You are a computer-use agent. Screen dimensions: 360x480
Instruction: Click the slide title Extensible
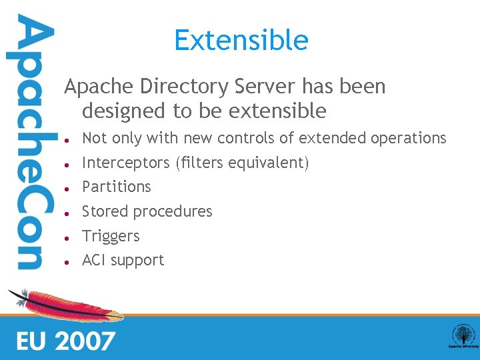[241, 41]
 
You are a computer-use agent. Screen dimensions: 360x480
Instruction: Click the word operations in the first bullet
[408, 138]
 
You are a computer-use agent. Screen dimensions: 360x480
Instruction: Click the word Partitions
[117, 187]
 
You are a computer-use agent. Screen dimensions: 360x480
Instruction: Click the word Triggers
[111, 236]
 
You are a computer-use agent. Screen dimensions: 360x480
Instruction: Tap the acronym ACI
[93, 260]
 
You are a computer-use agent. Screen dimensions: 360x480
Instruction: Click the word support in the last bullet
[137, 261]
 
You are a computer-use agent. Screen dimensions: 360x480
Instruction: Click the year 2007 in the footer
[86, 341]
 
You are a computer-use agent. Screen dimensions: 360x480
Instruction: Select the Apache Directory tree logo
[463, 335]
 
